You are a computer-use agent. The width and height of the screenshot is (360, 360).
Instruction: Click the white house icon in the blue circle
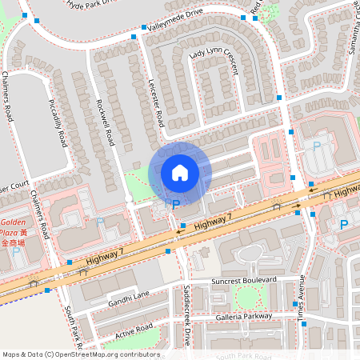pos(180,172)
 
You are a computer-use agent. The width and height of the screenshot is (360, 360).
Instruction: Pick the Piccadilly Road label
pos(57,124)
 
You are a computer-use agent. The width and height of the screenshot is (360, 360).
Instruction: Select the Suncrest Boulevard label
pos(243,282)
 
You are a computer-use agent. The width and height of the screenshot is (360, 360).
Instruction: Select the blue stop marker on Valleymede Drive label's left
pos(144,28)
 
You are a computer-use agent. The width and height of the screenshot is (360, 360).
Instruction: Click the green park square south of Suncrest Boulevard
pos(247,298)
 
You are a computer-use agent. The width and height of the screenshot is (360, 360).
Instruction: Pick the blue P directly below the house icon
pos(176,205)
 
